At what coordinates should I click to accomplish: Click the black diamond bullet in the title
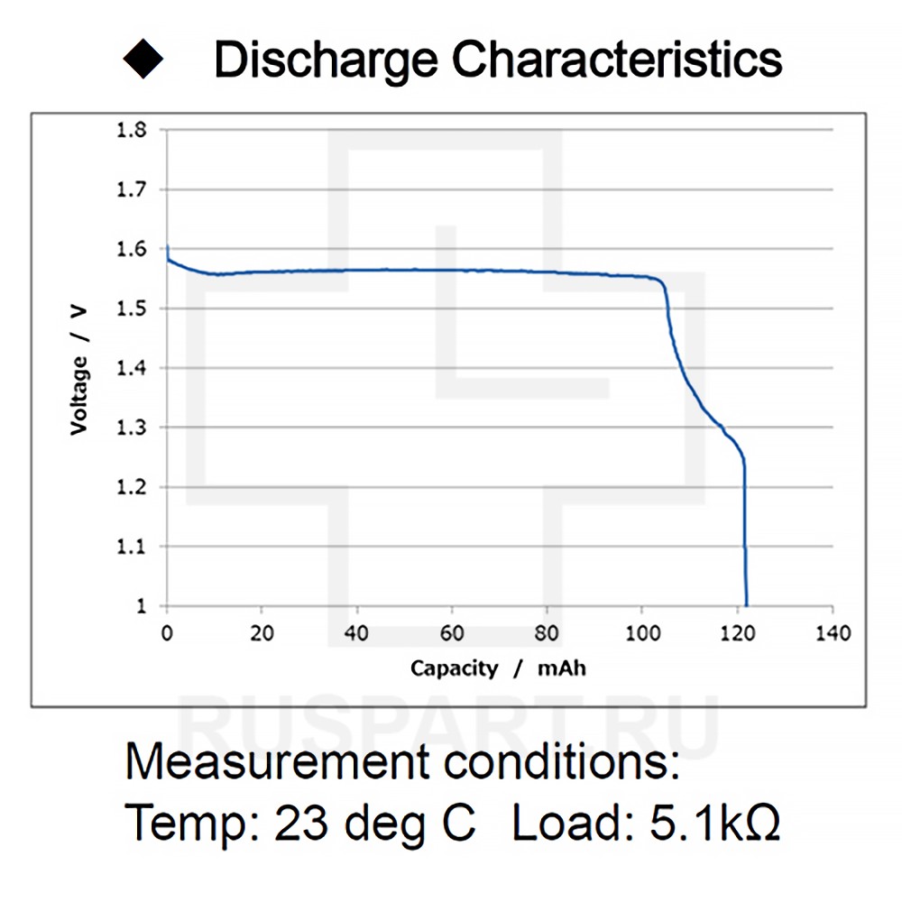click(x=143, y=60)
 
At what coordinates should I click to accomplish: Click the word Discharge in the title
click(x=327, y=60)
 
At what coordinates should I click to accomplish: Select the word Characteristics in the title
click(x=617, y=60)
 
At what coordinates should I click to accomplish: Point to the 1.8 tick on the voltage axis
click(x=132, y=130)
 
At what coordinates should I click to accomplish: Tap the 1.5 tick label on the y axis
click(x=132, y=308)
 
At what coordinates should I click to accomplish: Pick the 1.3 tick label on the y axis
click(x=132, y=428)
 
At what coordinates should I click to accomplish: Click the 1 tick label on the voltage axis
click(x=141, y=606)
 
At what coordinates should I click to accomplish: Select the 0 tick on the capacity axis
click(x=167, y=633)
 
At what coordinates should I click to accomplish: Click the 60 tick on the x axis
click(x=452, y=633)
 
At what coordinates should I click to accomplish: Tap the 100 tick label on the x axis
click(x=642, y=633)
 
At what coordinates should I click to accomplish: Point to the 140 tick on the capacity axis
click(x=833, y=633)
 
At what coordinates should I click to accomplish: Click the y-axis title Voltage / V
click(x=80, y=370)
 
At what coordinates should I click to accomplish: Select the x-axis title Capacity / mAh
click(x=499, y=668)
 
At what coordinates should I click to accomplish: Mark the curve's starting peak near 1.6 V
click(x=168, y=247)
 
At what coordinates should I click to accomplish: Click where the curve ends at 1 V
click(x=746, y=604)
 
